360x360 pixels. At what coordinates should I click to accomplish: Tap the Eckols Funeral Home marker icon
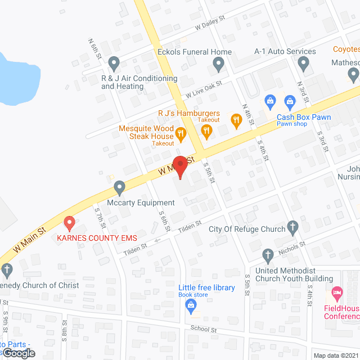(x=219, y=66)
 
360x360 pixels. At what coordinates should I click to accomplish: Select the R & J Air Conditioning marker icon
(x=114, y=62)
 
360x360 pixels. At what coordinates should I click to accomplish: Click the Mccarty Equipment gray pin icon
(x=119, y=187)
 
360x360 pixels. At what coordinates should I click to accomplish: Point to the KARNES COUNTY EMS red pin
(x=70, y=223)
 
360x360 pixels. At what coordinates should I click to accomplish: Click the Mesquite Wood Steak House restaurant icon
(x=181, y=133)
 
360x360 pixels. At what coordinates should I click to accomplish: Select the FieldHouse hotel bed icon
(x=337, y=293)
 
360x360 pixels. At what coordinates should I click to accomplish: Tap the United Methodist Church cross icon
(x=269, y=255)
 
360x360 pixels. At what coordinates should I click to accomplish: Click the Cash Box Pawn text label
(x=304, y=117)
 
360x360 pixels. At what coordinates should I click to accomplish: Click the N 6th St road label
(x=94, y=49)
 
